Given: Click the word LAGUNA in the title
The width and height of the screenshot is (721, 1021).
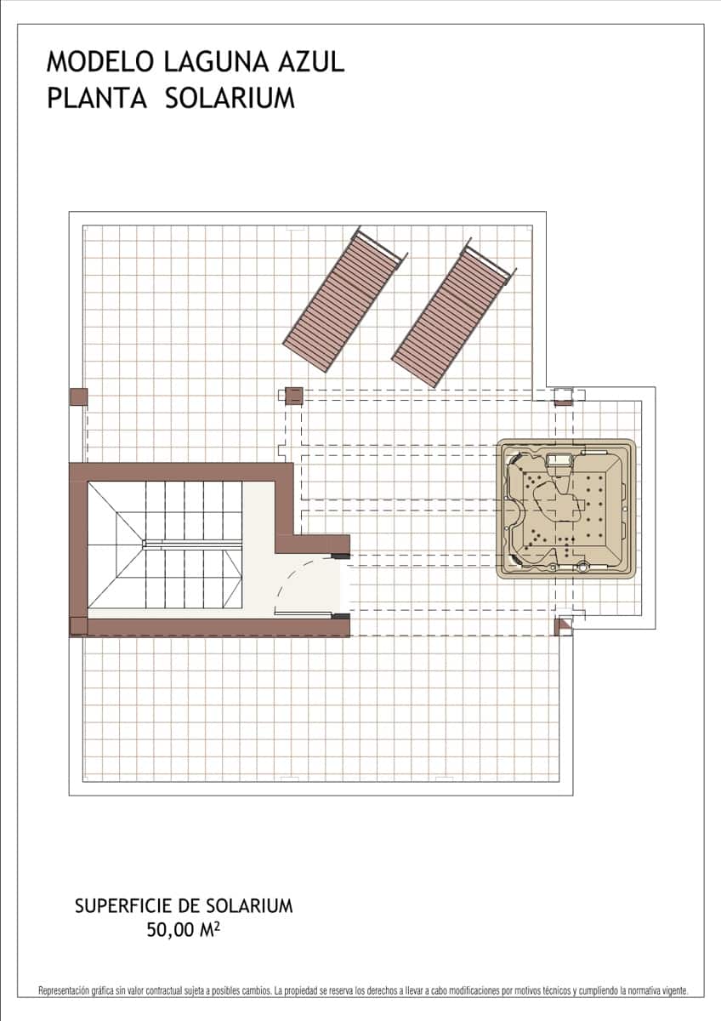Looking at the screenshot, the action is [216, 62].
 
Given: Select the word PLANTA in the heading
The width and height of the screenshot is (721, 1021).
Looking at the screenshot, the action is [97, 98].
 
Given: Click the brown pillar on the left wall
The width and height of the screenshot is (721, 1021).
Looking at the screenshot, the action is [78, 396].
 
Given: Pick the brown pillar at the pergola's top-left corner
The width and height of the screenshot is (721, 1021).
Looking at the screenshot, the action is [294, 395].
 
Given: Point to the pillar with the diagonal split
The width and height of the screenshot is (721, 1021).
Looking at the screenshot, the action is [563, 626].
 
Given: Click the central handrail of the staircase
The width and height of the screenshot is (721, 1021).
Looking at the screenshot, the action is [192, 544].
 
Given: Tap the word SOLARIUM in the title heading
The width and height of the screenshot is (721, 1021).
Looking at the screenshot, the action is [230, 98].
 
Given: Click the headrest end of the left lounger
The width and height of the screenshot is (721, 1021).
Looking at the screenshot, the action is [379, 246].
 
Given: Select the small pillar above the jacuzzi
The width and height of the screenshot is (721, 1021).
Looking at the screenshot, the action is [563, 398].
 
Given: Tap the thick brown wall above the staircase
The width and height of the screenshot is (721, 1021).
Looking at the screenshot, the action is [180, 472].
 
